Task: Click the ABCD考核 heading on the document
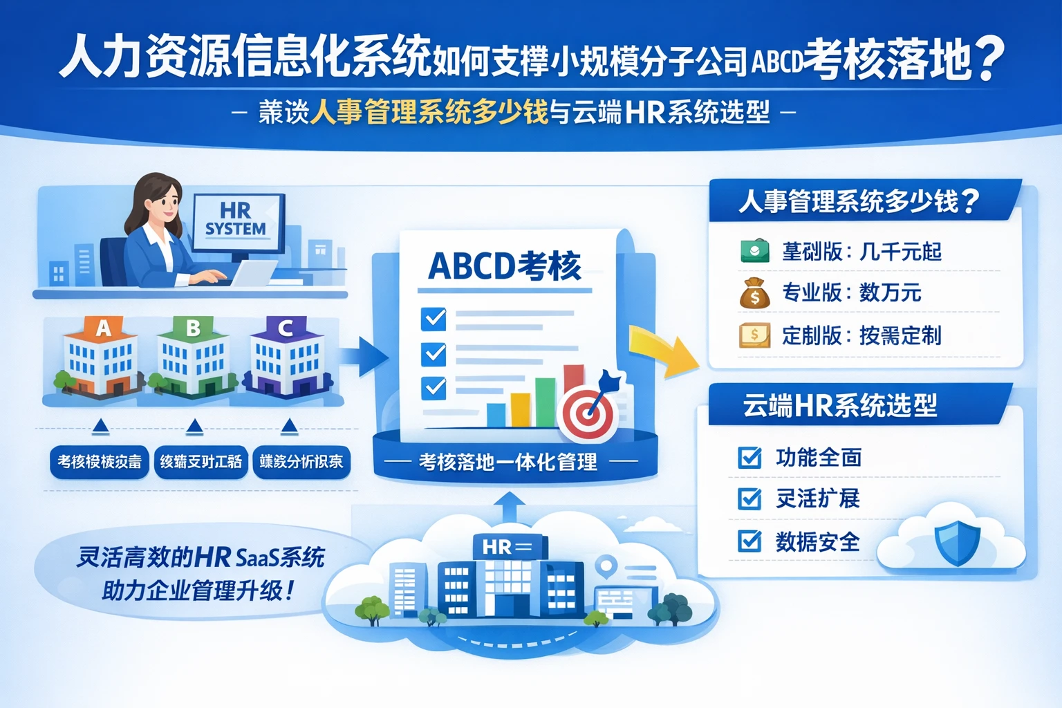pos(505,266)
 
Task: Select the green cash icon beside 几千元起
pos(754,250)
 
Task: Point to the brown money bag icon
pos(754,293)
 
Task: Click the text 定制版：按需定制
pos(861,336)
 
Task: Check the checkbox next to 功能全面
pos(749,457)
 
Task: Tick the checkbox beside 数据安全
pos(749,541)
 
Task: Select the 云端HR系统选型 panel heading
pos(839,405)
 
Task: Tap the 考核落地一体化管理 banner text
pos(508,462)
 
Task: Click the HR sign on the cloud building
pos(507,547)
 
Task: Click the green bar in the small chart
pos(545,402)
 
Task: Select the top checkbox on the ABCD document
pos(434,319)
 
